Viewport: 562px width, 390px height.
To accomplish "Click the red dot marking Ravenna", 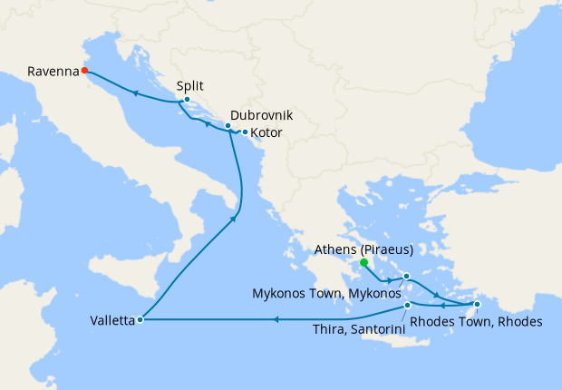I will (x=84, y=69).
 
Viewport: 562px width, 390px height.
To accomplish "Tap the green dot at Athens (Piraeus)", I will (x=363, y=263).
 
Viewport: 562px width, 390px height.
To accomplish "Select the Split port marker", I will (x=186, y=100).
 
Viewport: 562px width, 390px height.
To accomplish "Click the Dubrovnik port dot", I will (x=228, y=126).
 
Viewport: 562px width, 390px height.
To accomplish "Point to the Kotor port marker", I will (x=245, y=132).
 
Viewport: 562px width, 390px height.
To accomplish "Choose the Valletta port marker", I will (x=140, y=319).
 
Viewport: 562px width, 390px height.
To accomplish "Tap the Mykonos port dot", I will (x=407, y=276).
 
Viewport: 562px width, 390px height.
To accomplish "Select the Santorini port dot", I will (x=408, y=306).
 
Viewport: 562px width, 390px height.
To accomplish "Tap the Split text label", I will (x=190, y=86).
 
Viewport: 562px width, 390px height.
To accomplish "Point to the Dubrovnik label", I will (x=262, y=116).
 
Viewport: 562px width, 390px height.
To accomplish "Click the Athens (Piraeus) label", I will (x=363, y=249).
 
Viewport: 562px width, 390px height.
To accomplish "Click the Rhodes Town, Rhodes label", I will (x=476, y=321).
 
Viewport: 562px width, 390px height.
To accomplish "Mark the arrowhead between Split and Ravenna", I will (x=135, y=93).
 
